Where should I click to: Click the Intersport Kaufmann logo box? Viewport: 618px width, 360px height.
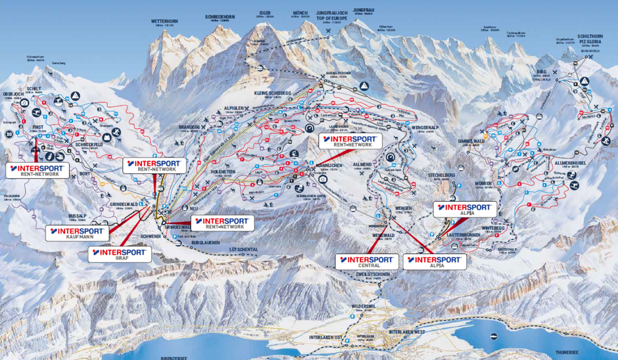[x=78, y=233]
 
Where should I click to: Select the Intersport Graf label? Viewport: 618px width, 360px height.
[x=120, y=254]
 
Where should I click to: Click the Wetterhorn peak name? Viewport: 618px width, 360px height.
[x=165, y=21]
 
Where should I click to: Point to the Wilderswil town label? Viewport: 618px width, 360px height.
[x=363, y=306]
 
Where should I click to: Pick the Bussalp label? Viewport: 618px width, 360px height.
[x=78, y=215]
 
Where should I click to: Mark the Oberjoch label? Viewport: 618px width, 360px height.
[x=13, y=93]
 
